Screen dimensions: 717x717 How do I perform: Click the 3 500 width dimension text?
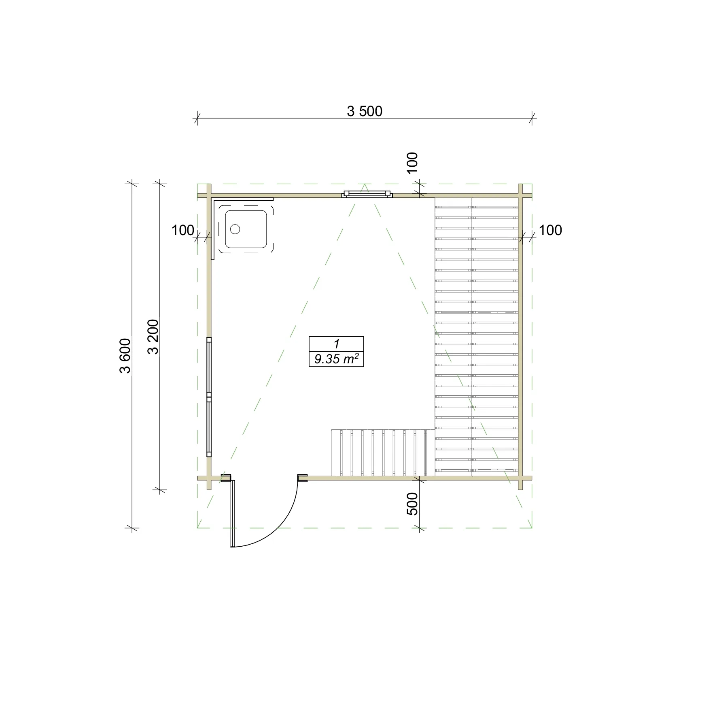tap(365, 111)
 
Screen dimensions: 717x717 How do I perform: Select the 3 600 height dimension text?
tap(125, 355)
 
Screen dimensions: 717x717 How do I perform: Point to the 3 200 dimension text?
tap(153, 337)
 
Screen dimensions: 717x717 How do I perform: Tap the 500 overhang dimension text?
tap(412, 504)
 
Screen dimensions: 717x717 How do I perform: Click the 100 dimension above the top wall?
tap(412, 163)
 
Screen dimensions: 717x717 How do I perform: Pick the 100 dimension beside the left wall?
tap(183, 230)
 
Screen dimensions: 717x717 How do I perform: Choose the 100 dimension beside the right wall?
tap(551, 230)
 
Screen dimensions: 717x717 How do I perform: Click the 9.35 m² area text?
tap(336, 358)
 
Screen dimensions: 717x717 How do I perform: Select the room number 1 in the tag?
tap(336, 344)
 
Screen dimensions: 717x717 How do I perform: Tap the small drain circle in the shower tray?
tap(235, 229)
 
